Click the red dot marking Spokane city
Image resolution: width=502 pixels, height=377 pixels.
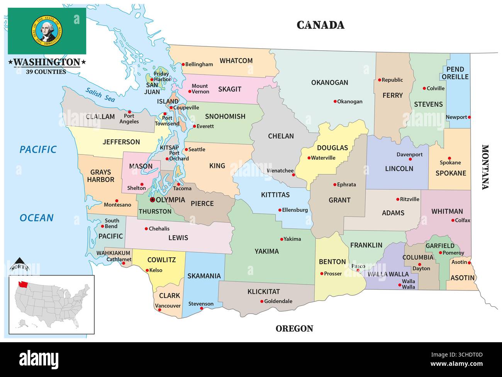tap(449, 158)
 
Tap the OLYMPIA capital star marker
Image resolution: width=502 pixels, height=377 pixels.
tap(152, 200)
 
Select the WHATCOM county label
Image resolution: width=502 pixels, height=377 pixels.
tap(236, 61)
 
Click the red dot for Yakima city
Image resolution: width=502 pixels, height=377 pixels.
tap(281, 239)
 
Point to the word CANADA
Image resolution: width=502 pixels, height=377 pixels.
tap(321, 25)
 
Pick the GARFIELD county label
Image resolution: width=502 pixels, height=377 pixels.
tap(440, 246)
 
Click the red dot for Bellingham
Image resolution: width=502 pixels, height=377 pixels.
tap(183, 65)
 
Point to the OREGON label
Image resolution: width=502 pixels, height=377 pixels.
tap(294, 329)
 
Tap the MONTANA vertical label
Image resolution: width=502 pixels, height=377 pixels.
tap(485, 167)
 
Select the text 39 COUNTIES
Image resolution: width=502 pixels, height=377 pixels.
tap(46, 72)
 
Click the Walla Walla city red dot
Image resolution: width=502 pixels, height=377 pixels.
tap(400, 285)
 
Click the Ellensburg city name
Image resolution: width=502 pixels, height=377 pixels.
tap(295, 210)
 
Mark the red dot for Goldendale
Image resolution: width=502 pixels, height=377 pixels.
tap(262, 301)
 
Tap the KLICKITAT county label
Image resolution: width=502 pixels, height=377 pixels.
tap(263, 292)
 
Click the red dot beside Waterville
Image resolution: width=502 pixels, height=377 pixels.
tap(309, 158)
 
